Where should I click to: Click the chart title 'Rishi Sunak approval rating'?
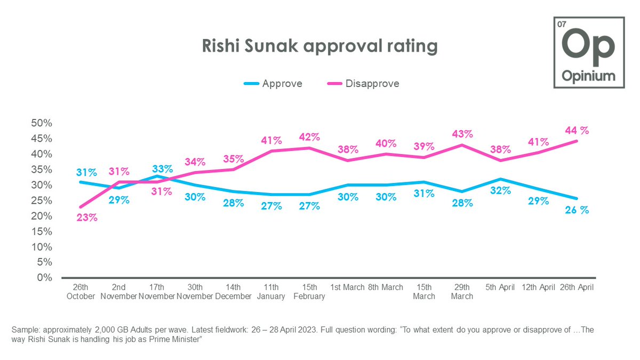click(319, 46)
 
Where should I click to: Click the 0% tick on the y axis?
click(44, 278)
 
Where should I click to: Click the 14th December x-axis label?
click(233, 292)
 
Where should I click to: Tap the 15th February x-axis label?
click(309, 292)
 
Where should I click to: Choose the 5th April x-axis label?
click(500, 287)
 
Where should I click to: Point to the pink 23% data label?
click(86, 218)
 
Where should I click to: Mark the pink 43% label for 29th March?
click(462, 133)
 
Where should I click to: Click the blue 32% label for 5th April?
click(500, 190)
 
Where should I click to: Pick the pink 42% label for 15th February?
click(309, 137)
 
